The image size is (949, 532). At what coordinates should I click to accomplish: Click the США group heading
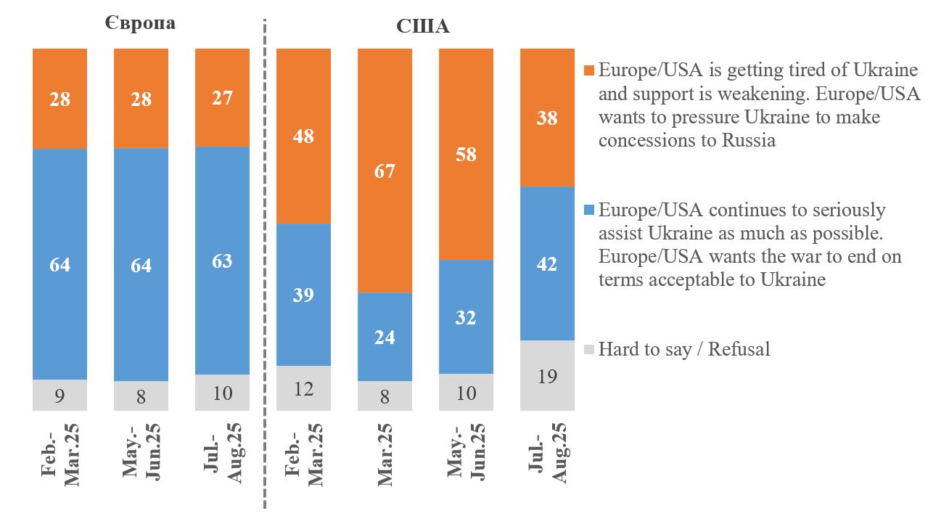click(x=423, y=27)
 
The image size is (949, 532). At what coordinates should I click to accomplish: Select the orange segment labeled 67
click(x=385, y=171)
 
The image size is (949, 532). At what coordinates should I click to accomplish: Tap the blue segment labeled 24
click(x=385, y=337)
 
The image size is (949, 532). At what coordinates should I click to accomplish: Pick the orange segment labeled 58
click(x=466, y=154)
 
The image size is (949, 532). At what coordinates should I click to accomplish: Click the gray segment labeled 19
click(x=547, y=375)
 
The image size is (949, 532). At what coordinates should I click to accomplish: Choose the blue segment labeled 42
click(x=547, y=263)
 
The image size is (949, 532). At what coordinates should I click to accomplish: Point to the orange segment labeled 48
click(x=303, y=136)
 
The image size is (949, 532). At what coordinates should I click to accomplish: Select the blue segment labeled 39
click(x=303, y=294)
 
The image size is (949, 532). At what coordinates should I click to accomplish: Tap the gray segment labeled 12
click(x=303, y=388)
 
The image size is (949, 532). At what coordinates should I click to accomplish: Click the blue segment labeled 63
click(x=222, y=261)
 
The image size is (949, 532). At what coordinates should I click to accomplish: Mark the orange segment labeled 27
click(x=222, y=97)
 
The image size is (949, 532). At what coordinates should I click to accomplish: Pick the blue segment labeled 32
click(x=466, y=317)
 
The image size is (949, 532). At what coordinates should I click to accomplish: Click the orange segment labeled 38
click(x=547, y=118)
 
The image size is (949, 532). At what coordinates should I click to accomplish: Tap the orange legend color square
click(x=589, y=71)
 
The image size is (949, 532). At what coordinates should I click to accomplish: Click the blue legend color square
click(x=589, y=210)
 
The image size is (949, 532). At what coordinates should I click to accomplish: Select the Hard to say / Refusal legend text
click(x=683, y=349)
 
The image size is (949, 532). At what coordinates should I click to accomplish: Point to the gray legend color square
click(x=589, y=350)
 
